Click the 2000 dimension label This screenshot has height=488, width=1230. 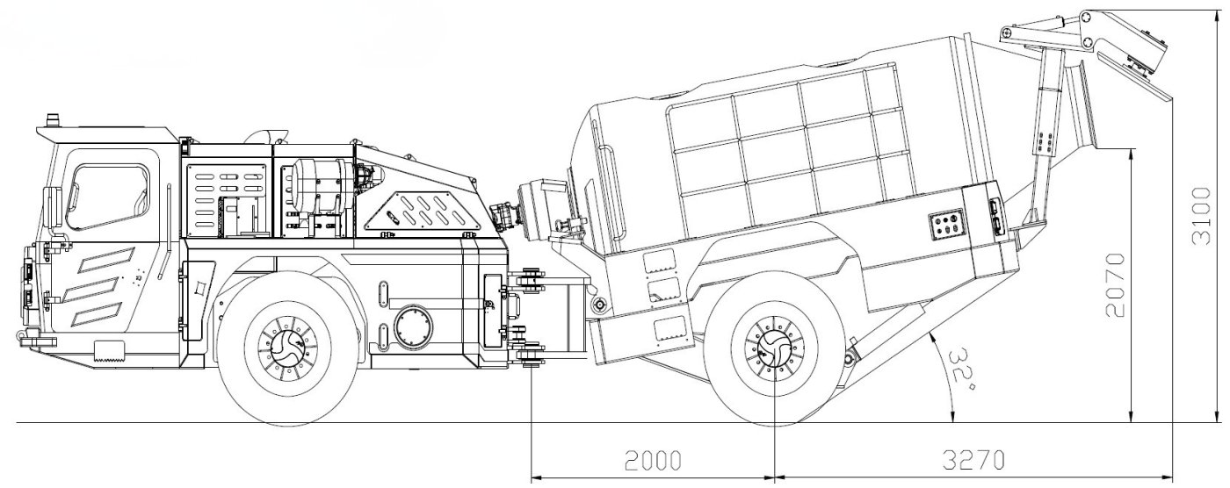654,460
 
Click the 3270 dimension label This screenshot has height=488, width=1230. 973,460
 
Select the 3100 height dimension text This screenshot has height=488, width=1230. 1201,216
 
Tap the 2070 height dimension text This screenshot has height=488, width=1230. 1115,284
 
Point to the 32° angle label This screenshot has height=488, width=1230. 965,367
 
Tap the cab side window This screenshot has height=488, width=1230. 107,196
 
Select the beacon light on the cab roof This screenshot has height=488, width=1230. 53,120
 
